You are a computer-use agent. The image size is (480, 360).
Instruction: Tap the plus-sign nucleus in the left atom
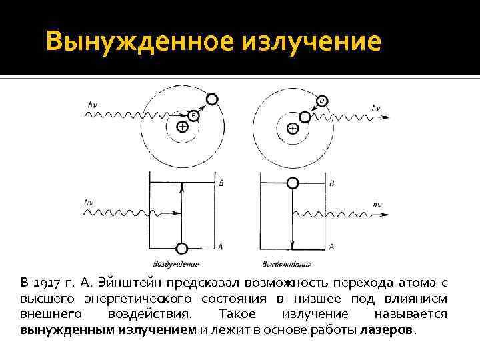click(181, 127)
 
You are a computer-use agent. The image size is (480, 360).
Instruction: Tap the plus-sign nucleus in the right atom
click(292, 128)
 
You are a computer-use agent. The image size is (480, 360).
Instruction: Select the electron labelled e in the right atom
click(323, 100)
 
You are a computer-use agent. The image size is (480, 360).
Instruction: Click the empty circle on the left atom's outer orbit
click(212, 99)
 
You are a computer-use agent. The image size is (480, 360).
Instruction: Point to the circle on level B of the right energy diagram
click(292, 183)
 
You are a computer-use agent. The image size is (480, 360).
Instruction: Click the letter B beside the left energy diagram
click(221, 182)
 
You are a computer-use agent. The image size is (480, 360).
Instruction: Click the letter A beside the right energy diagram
click(331, 247)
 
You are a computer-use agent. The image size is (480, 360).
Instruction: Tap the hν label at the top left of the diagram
click(92, 105)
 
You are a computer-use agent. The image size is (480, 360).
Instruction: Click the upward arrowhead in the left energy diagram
click(181, 189)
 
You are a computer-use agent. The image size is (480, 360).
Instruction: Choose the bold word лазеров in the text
click(387, 330)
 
